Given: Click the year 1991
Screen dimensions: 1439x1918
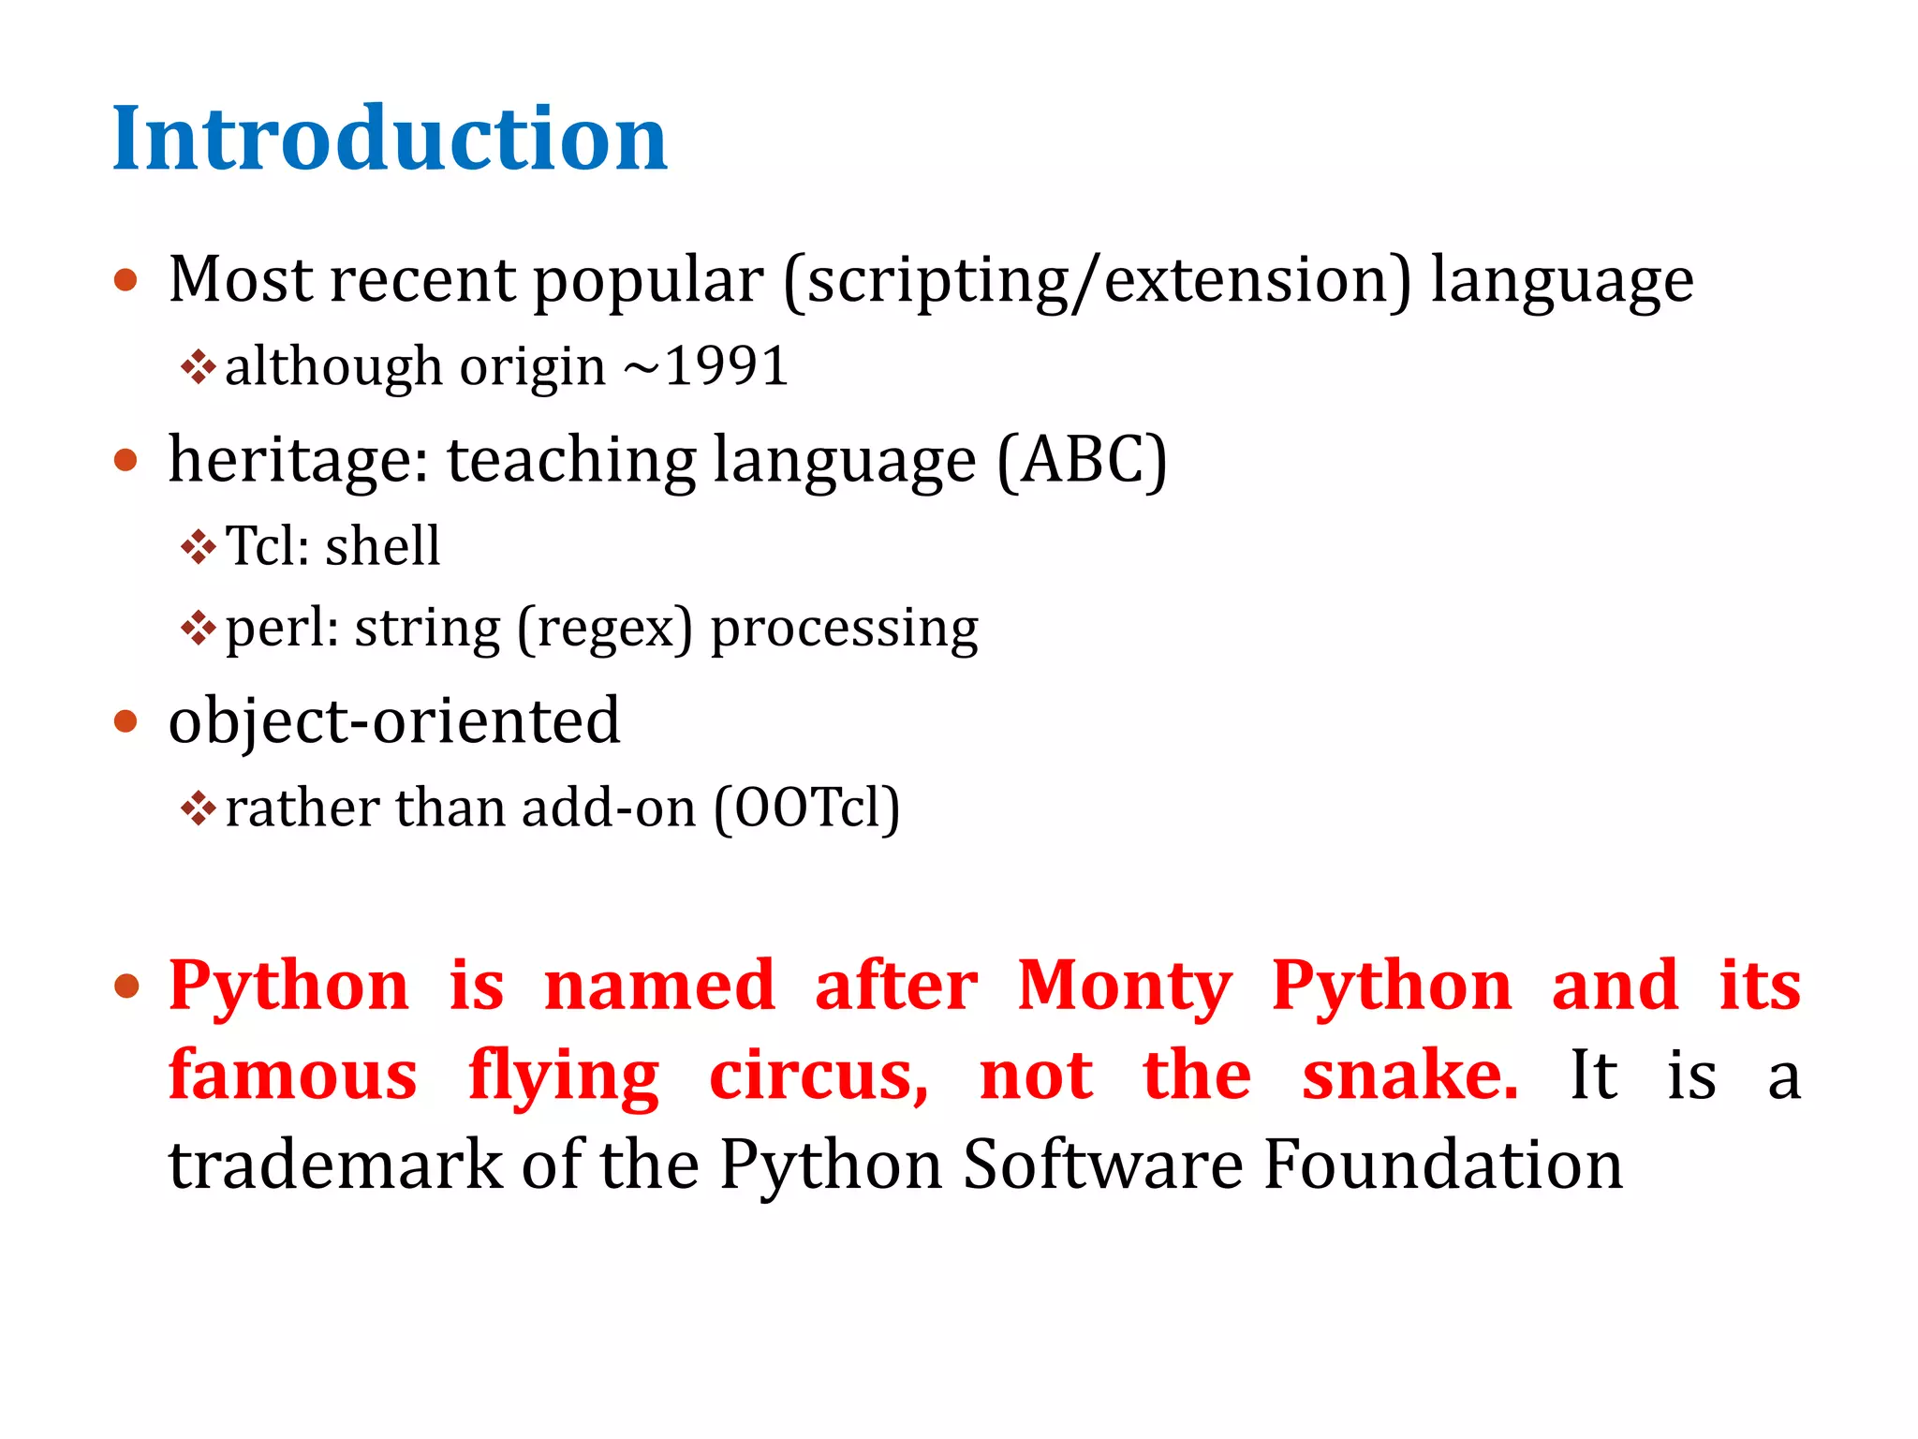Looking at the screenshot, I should [x=727, y=366].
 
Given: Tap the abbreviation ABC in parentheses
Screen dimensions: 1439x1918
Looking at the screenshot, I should [x=1082, y=461].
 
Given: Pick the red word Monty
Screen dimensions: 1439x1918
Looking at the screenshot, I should [x=1125, y=987].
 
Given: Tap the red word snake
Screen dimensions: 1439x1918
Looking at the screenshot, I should [x=1409, y=1076].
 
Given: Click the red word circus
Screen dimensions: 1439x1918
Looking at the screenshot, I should [x=818, y=1076].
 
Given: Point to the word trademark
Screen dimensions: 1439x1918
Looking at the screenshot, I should [x=335, y=1165].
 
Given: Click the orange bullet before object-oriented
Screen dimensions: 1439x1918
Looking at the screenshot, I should [x=126, y=722].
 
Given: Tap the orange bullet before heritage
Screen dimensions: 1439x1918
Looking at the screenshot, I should [x=126, y=461].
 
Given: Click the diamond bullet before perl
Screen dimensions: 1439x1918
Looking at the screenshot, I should [x=198, y=628].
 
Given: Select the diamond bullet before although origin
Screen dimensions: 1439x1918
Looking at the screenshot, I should [x=198, y=366].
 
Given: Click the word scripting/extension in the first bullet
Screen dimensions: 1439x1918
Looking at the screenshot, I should [x=1097, y=281].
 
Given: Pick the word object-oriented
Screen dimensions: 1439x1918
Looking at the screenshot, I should [x=394, y=721].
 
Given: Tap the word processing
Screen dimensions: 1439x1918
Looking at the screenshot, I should [x=845, y=629].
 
